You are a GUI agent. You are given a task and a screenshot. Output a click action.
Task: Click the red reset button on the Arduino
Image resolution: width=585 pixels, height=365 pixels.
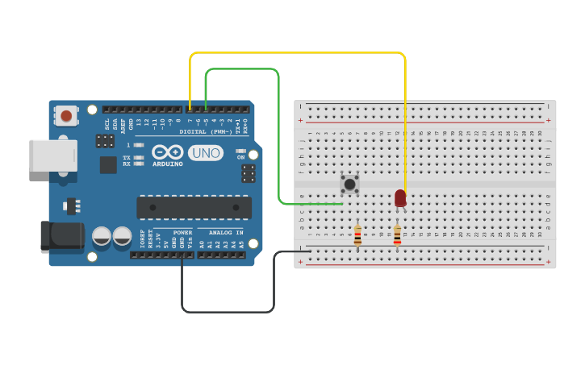pyautogui.click(x=65, y=116)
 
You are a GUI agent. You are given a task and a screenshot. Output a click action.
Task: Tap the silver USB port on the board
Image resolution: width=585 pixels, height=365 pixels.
pyautogui.click(x=53, y=156)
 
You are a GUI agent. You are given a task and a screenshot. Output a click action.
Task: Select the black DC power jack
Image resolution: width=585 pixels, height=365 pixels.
pyautogui.click(x=62, y=237)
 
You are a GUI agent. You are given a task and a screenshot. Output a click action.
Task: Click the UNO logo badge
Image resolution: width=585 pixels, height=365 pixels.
pyautogui.click(x=205, y=152)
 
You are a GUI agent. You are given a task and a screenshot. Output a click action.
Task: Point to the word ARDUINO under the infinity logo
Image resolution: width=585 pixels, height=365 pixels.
pyautogui.click(x=168, y=164)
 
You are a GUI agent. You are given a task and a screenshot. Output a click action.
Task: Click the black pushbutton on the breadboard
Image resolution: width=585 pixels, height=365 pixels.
pyautogui.click(x=349, y=185)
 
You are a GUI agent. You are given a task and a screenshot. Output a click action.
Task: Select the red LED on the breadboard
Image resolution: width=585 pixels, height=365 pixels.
pyautogui.click(x=400, y=197)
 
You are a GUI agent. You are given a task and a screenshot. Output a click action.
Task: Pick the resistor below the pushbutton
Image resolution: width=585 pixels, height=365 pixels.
pyautogui.click(x=357, y=234)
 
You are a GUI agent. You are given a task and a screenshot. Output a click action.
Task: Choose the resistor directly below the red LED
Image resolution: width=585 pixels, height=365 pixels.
pyautogui.click(x=397, y=234)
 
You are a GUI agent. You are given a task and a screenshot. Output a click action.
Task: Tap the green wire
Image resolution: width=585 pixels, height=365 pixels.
pyautogui.click(x=242, y=69)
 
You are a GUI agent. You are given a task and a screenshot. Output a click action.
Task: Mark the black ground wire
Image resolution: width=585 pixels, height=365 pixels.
pyautogui.click(x=228, y=311)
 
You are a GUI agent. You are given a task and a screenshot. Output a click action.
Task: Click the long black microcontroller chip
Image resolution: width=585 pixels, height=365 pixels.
pyautogui.click(x=194, y=207)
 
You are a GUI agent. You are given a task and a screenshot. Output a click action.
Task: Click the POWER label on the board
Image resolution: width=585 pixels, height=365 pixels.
pyautogui.click(x=182, y=232)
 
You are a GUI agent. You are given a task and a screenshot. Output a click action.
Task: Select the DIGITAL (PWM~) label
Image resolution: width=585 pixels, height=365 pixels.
pyautogui.click(x=205, y=131)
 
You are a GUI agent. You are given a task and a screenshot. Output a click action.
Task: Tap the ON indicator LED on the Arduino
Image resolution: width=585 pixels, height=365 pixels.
pyautogui.click(x=240, y=151)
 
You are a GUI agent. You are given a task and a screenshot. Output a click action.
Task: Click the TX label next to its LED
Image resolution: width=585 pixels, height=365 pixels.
pyautogui.click(x=126, y=157)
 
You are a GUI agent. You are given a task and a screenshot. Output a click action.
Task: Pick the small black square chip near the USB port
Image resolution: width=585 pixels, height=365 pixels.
pyautogui.click(x=108, y=164)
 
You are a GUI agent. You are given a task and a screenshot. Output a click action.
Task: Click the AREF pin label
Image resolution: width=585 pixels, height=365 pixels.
pyautogui.click(x=123, y=123)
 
